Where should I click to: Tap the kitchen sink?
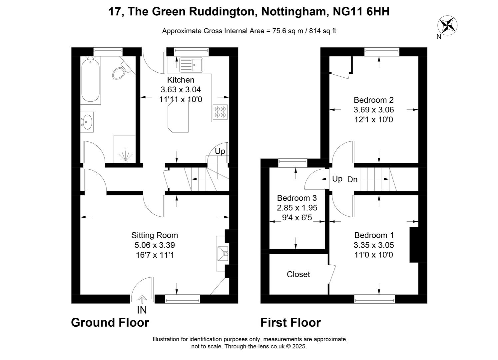(x=191, y=65)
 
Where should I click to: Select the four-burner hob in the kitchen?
(x=220, y=112)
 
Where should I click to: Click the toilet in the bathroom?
(x=122, y=70)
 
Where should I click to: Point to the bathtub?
(x=90, y=80)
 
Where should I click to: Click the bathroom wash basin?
(x=87, y=122)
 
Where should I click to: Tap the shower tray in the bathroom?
(x=125, y=149)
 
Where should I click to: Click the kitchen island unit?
(x=178, y=116)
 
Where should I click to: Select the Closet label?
(x=298, y=274)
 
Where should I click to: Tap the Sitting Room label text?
(x=155, y=235)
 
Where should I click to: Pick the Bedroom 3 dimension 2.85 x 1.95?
(x=297, y=208)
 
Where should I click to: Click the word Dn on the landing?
(x=352, y=179)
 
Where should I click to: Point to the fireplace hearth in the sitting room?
(x=222, y=253)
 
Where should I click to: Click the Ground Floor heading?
(x=110, y=322)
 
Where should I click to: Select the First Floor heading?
(x=290, y=322)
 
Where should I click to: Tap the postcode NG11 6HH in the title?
(x=361, y=12)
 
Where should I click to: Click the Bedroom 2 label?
(x=373, y=100)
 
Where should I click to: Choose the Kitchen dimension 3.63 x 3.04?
(x=181, y=89)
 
